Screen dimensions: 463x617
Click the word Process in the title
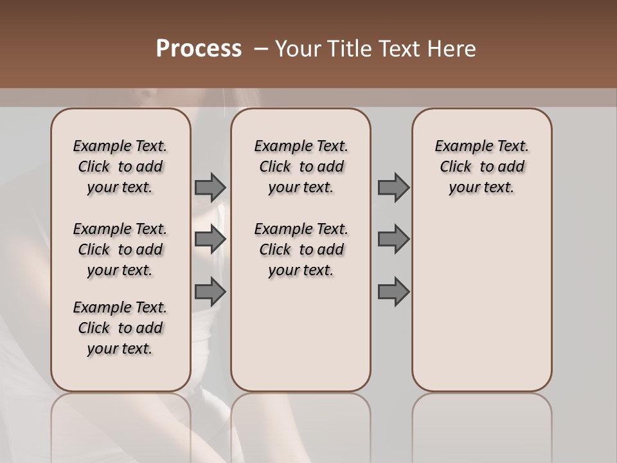199,49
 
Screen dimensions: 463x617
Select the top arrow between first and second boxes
210,187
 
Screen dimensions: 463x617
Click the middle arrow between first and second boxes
210,239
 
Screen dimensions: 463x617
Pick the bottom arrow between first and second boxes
210,291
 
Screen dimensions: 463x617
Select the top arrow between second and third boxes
393,187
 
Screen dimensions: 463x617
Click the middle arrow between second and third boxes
393,239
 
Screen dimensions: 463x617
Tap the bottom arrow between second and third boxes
393,291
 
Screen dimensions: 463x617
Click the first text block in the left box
120,167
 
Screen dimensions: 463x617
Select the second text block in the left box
120,250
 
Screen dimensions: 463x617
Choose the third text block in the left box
120,328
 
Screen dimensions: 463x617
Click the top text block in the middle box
301,167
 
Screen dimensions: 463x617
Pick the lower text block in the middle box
301,250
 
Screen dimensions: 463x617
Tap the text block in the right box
481,167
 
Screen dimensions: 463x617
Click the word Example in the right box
458,147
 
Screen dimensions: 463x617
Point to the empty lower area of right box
481,302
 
